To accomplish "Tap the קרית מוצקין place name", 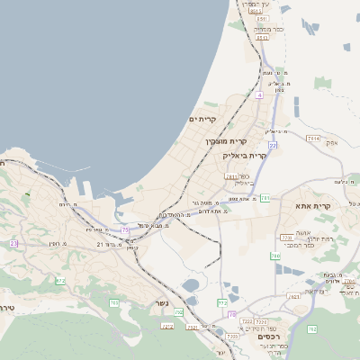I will pos(226,141).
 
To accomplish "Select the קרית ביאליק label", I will pos(244,156).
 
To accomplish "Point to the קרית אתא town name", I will pos(313,206).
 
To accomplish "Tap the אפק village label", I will pos(331,143).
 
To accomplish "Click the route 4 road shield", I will pos(259,94).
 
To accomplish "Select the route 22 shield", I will pos(272,145).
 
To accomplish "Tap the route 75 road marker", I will pos(124,231).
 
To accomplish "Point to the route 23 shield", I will pos(13,243).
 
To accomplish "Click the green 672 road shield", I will pos(61,281).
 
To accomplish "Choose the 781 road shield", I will pos(265,197).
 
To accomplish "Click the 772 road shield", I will pos(222,302).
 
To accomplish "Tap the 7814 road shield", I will pos(313,138).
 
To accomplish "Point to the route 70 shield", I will pos(232,314).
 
